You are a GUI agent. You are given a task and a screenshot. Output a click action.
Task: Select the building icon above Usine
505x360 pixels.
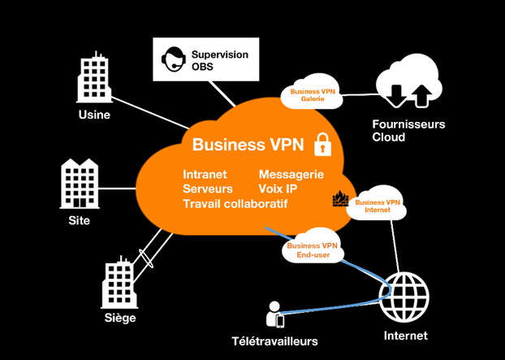tap(94, 78)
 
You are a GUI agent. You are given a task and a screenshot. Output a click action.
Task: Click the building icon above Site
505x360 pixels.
tap(79, 183)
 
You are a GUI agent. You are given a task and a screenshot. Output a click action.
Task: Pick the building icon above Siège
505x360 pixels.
tap(119, 280)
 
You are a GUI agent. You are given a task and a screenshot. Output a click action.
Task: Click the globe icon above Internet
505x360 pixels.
tap(404, 296)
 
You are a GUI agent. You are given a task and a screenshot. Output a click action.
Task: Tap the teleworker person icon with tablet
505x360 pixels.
tap(275, 314)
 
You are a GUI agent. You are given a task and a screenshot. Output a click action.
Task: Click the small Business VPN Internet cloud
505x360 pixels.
tap(378, 206)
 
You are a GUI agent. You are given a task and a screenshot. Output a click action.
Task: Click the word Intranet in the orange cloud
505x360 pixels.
tap(205, 175)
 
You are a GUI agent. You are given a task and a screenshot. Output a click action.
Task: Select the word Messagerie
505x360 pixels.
tap(291, 175)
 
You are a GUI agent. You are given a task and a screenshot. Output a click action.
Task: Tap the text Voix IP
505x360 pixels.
tap(278, 189)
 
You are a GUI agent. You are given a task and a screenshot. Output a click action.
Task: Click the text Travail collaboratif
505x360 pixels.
tap(235, 203)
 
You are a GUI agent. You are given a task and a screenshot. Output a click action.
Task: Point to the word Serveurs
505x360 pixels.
tap(208, 189)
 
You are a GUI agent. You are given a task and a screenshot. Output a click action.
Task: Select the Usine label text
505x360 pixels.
tap(94, 115)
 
